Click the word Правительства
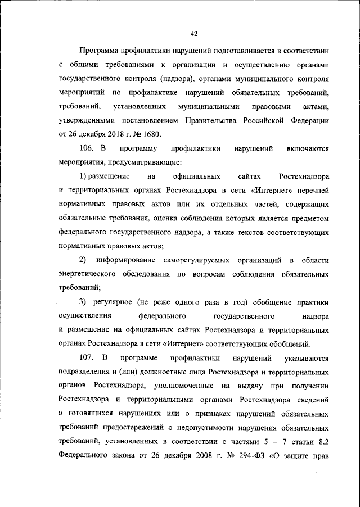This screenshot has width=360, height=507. tap(215, 120)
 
